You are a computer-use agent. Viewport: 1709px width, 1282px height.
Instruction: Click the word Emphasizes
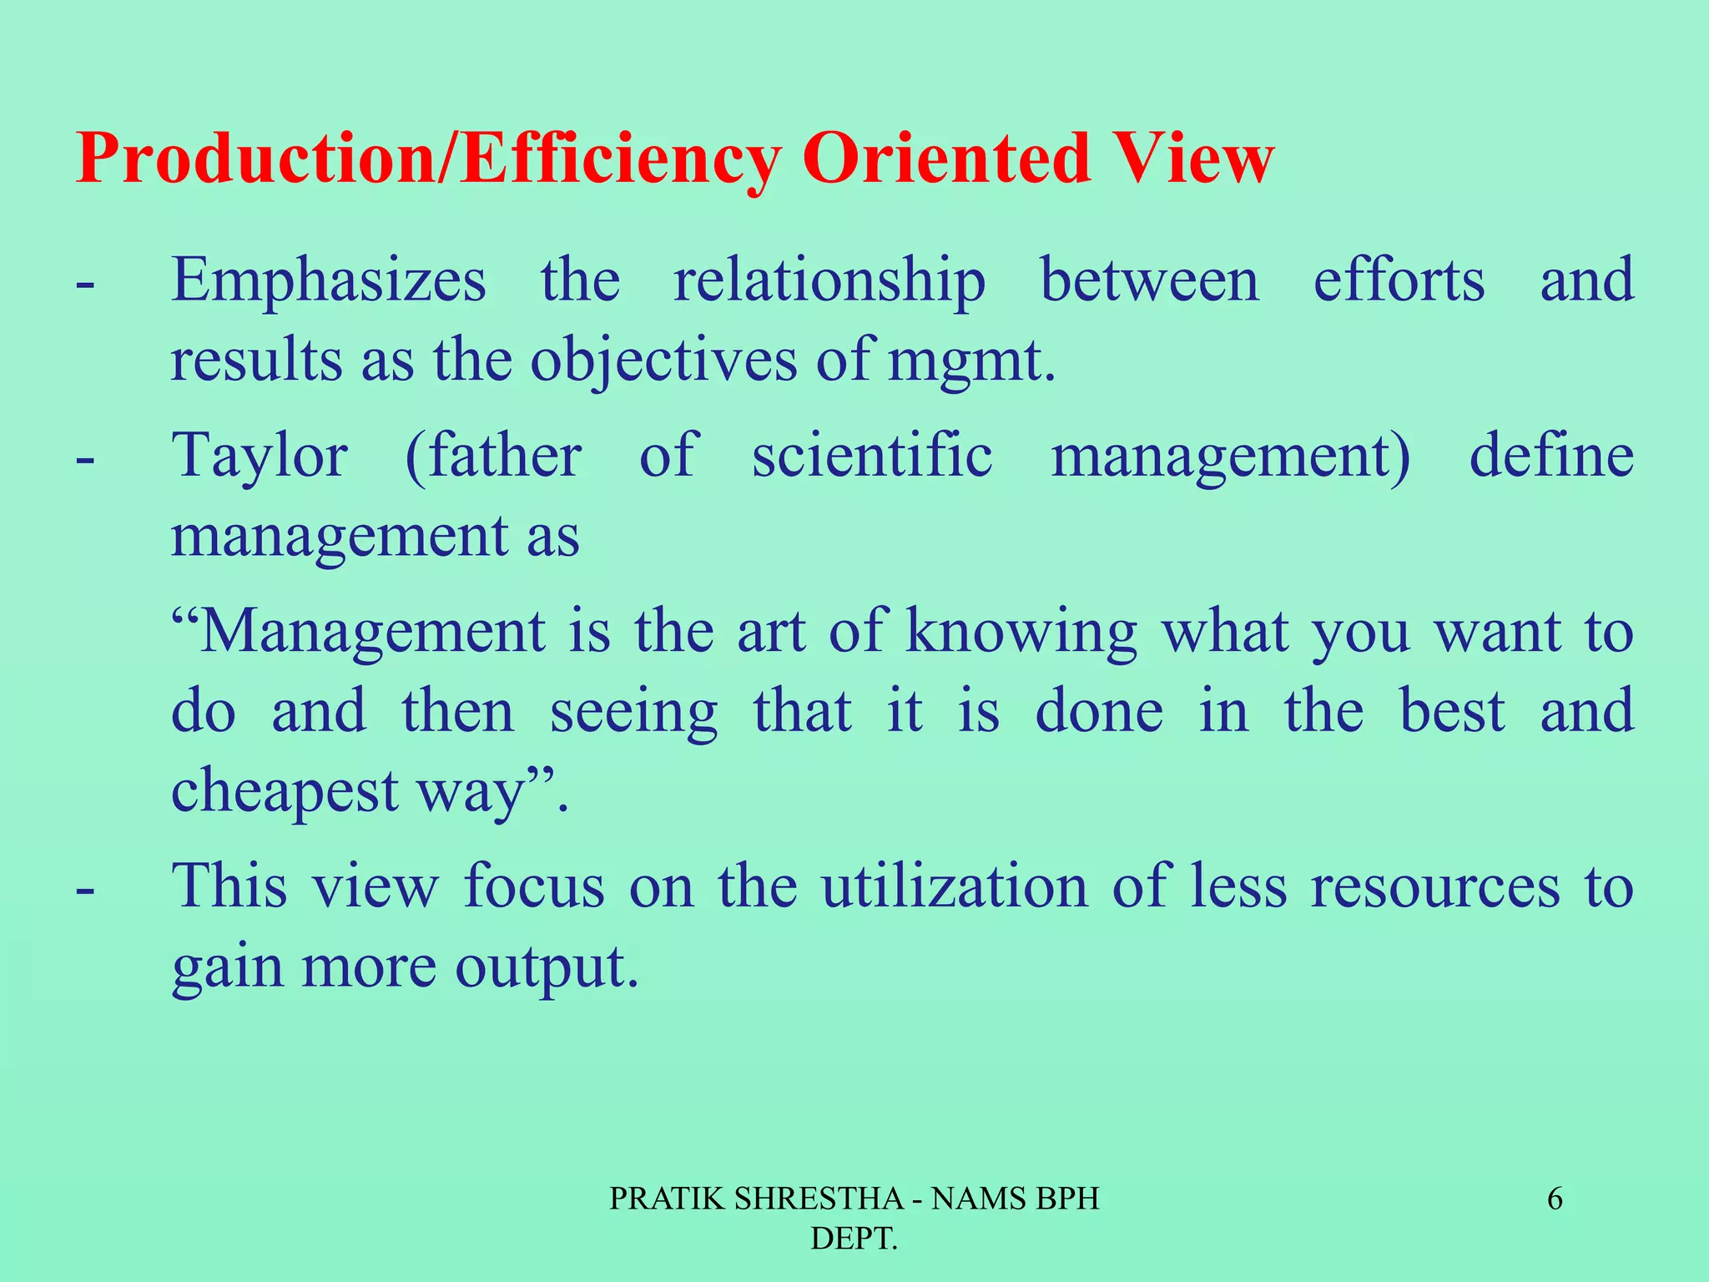pyautogui.click(x=329, y=282)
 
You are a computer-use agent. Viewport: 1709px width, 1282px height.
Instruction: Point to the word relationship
pyautogui.click(x=829, y=282)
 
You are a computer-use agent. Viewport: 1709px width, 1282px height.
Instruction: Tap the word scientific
pyautogui.click(x=872, y=457)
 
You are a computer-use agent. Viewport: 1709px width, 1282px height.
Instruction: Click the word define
pyautogui.click(x=1550, y=457)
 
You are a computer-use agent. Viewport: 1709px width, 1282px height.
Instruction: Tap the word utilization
pyautogui.click(x=955, y=886)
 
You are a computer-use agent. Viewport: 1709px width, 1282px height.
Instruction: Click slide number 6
pyautogui.click(x=1555, y=1199)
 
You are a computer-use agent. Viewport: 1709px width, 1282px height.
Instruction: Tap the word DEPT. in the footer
pyautogui.click(x=854, y=1239)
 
